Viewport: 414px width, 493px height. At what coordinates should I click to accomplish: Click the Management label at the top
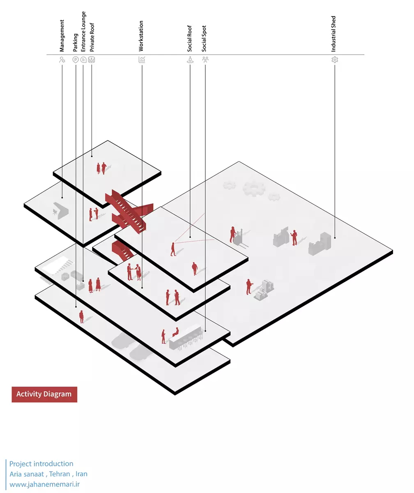pyautogui.click(x=62, y=36)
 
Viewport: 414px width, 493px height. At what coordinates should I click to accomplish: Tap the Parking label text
pyautogui.click(x=75, y=42)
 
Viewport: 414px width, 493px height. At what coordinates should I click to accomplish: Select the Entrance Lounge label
pyautogui.click(x=83, y=31)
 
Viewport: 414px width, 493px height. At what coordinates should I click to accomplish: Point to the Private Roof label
pyautogui.click(x=92, y=37)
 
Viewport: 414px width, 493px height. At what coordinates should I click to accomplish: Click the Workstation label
pyautogui.click(x=141, y=36)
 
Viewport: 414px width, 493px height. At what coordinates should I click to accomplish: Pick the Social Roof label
pyautogui.click(x=189, y=39)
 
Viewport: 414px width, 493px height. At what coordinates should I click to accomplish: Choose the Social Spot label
pyautogui.click(x=204, y=39)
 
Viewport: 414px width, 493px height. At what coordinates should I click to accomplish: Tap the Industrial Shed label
pyautogui.click(x=333, y=34)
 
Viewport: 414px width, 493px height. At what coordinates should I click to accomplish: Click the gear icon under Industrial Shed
pyautogui.click(x=335, y=60)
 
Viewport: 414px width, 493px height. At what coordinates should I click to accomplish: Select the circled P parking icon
pyautogui.click(x=76, y=60)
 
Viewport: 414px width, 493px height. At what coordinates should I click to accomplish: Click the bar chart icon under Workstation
pyautogui.click(x=142, y=60)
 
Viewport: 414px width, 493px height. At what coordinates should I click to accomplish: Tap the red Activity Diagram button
pyautogui.click(x=44, y=394)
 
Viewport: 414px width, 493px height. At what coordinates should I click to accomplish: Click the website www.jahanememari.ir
pyautogui.click(x=45, y=484)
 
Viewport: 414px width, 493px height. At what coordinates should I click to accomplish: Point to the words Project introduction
pyautogui.click(x=41, y=464)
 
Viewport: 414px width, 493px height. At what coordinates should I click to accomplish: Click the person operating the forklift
pyautogui.click(x=233, y=234)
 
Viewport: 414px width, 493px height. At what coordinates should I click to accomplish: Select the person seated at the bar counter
pyautogui.click(x=176, y=332)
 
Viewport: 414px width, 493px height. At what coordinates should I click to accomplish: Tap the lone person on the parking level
pyautogui.click(x=81, y=317)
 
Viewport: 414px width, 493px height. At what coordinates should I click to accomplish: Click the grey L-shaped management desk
pyautogui.click(x=61, y=211)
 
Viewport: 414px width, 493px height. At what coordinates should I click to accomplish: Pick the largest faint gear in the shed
pyautogui.click(x=254, y=189)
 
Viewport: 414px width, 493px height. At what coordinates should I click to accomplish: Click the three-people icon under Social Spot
pyautogui.click(x=205, y=60)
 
